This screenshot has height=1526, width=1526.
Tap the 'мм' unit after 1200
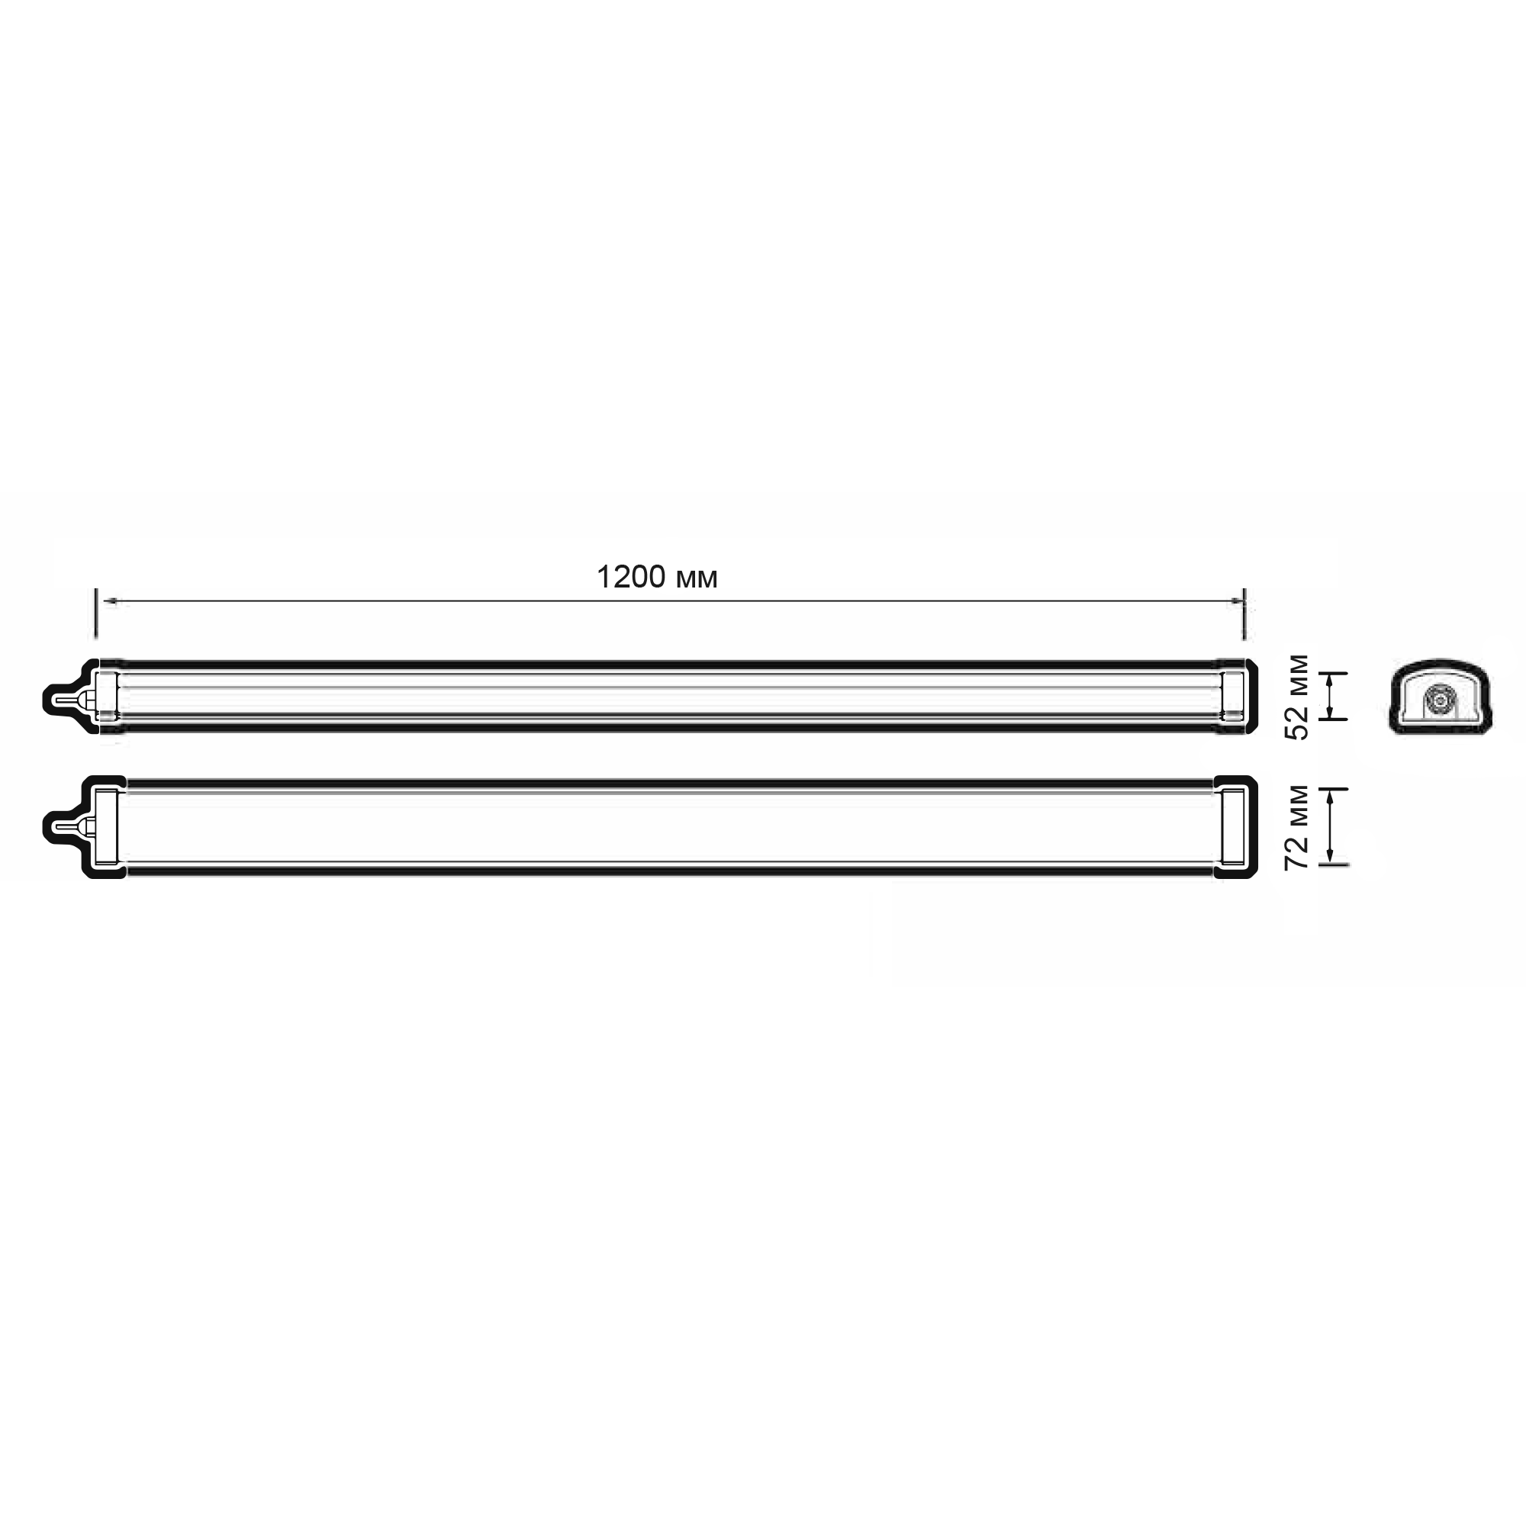pyautogui.click(x=697, y=581)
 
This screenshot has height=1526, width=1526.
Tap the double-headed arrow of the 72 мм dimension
pyautogui.click(x=1331, y=827)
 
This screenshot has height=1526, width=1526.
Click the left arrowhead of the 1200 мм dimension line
pyautogui.click(x=111, y=602)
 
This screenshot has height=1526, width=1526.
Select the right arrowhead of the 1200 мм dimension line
pyautogui.click(x=1236, y=602)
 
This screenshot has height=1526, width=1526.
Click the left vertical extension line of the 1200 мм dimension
pyautogui.click(x=96, y=613)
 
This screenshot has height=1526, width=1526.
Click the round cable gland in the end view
pyautogui.click(x=1439, y=700)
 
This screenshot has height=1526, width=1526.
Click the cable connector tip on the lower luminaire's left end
pyautogui.click(x=57, y=828)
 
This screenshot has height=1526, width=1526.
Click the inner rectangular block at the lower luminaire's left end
pyautogui.click(x=107, y=827)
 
